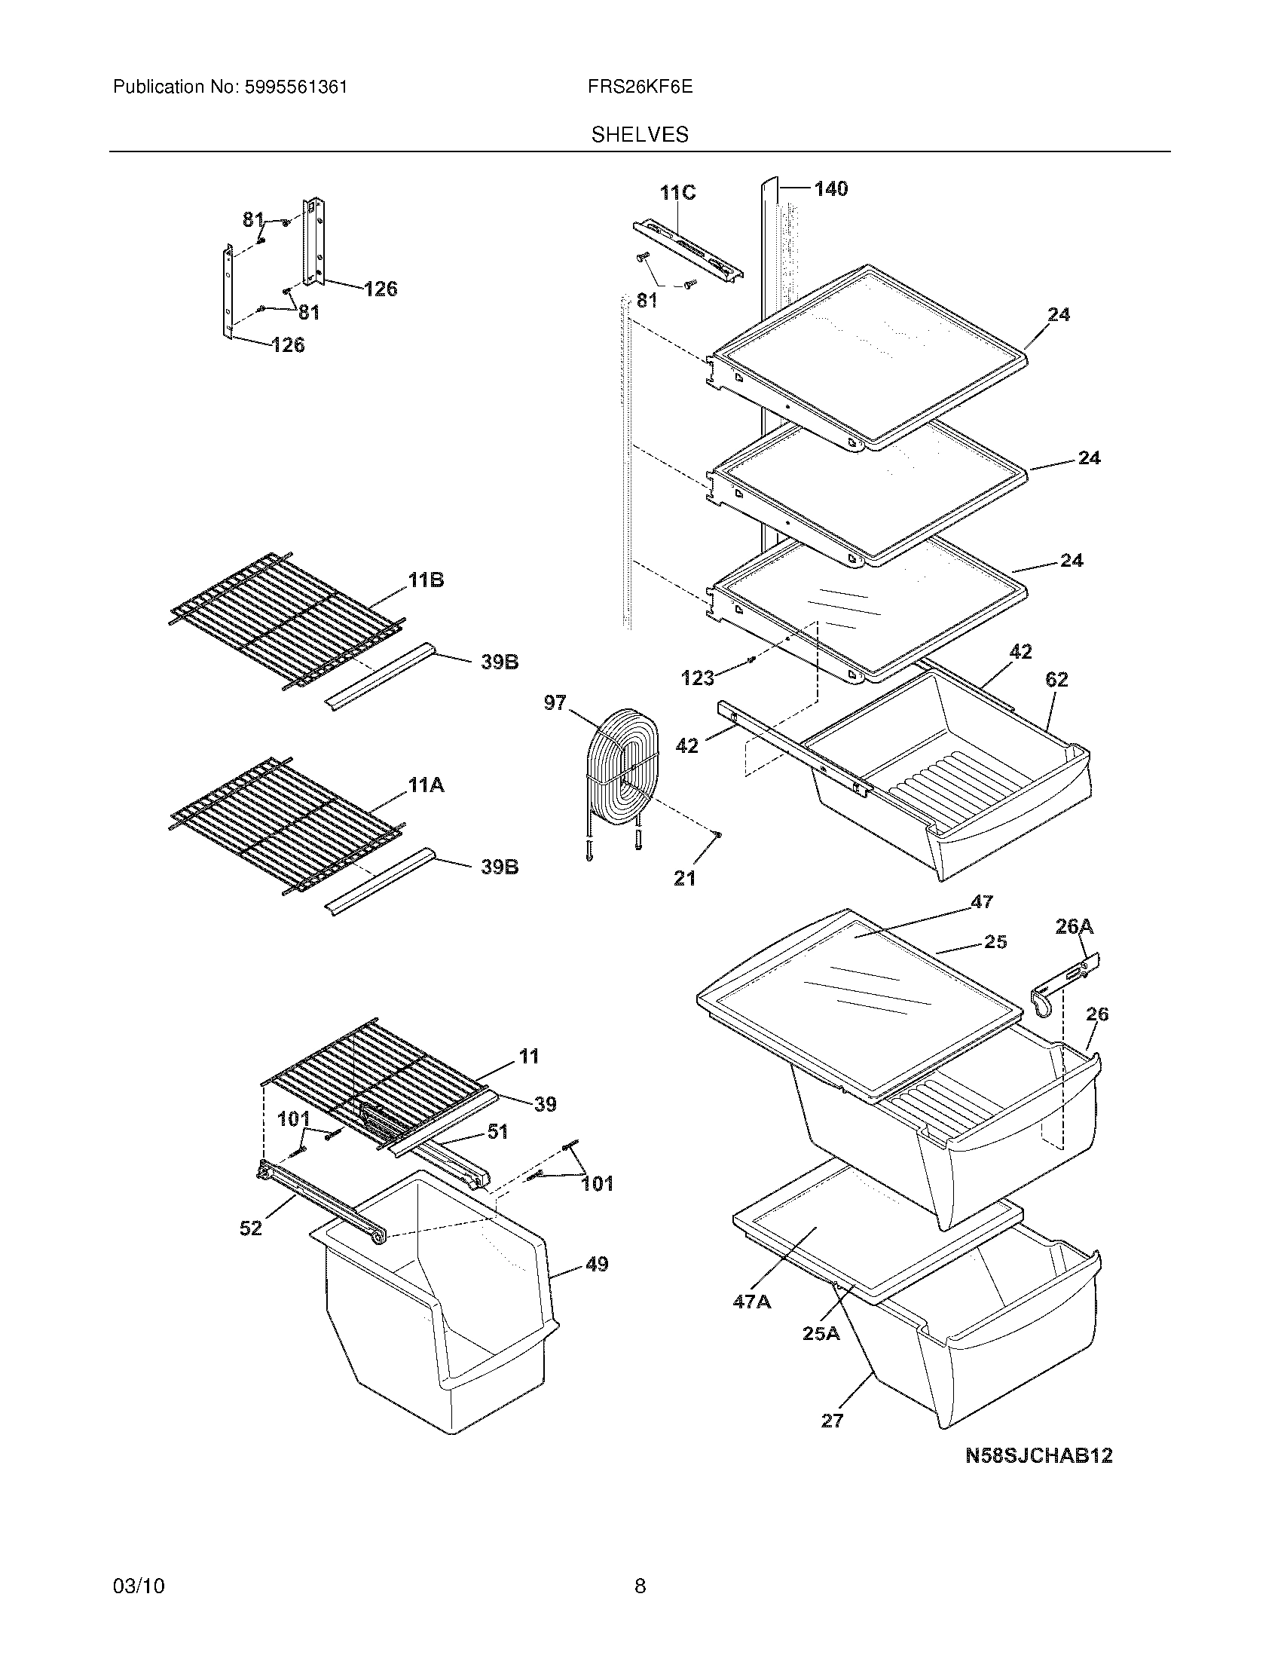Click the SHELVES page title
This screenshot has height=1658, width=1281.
pos(640,134)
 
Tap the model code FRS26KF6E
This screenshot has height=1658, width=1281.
pos(640,87)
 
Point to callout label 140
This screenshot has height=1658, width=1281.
pos(831,188)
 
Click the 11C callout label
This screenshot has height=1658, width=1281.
pos(677,193)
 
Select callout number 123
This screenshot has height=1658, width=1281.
pos(698,678)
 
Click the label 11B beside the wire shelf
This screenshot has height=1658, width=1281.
pos(426,581)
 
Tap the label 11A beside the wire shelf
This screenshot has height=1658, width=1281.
pos(426,786)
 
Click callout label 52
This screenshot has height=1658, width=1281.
pos(250,1228)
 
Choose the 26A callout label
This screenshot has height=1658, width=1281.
pos(1075,926)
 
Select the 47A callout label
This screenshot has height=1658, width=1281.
pos(751,1302)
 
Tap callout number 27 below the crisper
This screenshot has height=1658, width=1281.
pos(833,1421)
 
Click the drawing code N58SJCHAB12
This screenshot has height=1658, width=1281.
pos(1038,1455)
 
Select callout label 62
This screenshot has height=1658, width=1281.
pos(1056,680)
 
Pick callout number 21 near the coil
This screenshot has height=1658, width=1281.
pos(684,878)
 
